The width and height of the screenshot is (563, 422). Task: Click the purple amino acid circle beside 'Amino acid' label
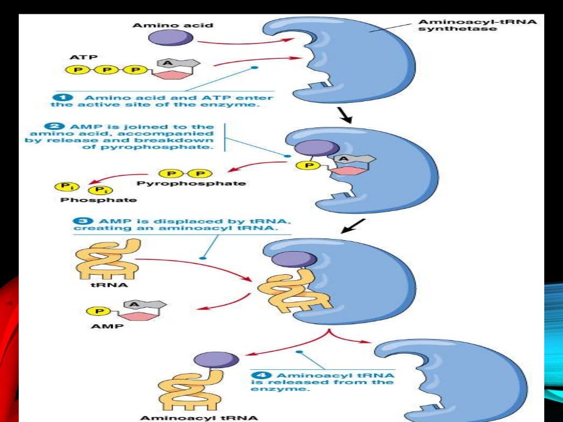pos(170,37)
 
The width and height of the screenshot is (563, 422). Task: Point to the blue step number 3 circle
pos(78,221)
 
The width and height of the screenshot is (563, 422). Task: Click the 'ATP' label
pos(77,57)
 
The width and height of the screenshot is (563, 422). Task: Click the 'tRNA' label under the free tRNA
pos(101,286)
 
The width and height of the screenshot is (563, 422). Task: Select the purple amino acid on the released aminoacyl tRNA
pos(217,359)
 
